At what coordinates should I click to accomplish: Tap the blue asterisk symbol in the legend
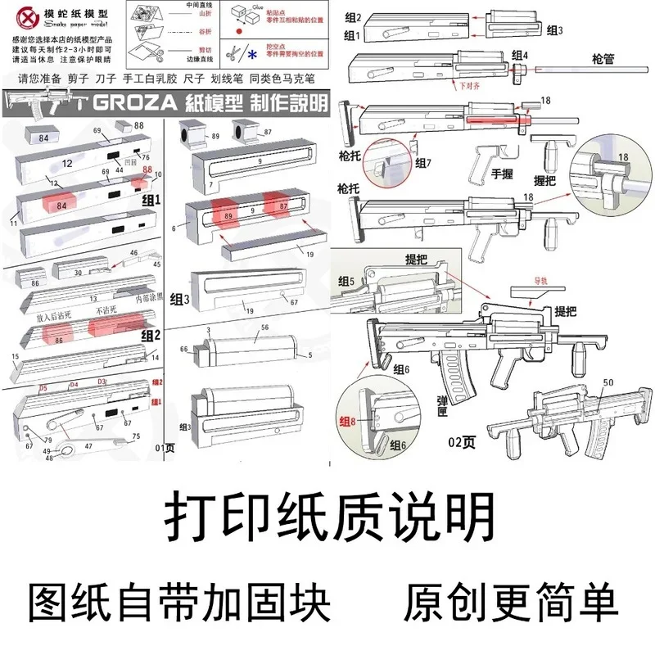pyautogui.click(x=251, y=54)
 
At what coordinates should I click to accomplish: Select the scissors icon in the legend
pyautogui.click(x=233, y=54)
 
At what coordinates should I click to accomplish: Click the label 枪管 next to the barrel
pyautogui.click(x=605, y=60)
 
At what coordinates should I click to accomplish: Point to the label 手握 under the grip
pyautogui.click(x=501, y=174)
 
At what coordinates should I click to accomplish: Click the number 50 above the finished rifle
pyautogui.click(x=607, y=382)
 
